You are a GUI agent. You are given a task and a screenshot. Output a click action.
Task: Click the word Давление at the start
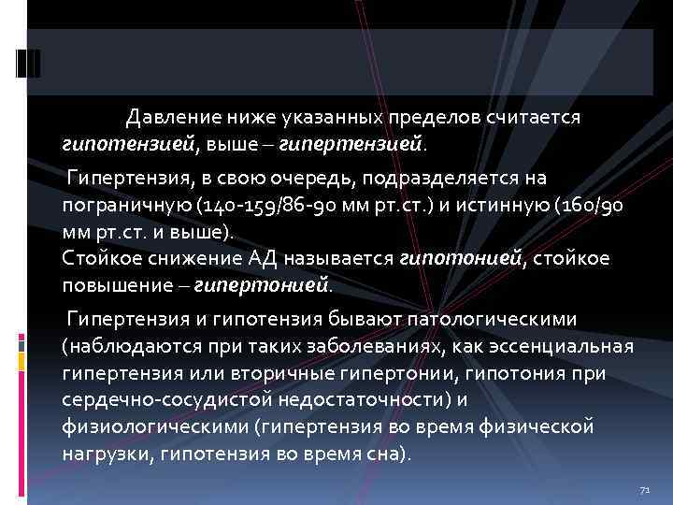(170, 118)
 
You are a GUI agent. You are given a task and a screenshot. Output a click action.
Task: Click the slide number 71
(642, 490)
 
